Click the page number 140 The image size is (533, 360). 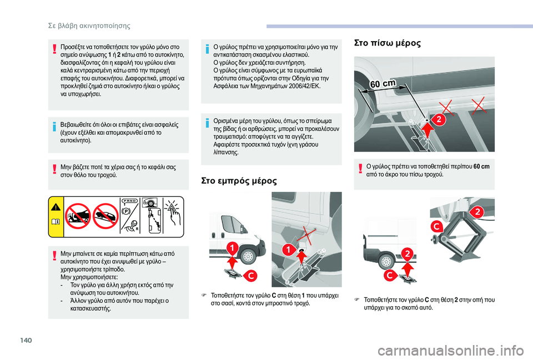(x=26, y=340)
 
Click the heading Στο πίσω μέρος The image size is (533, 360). (x=388, y=43)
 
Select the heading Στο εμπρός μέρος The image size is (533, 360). (x=239, y=181)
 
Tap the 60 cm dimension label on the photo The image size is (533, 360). (x=383, y=84)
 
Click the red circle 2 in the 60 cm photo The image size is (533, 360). (x=439, y=119)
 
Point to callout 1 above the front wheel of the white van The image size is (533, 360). (x=232, y=248)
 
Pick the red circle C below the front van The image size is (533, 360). (x=251, y=276)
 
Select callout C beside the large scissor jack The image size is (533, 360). (x=436, y=226)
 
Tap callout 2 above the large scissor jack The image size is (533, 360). (x=477, y=212)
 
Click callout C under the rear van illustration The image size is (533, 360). (x=390, y=275)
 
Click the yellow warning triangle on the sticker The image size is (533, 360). (x=56, y=207)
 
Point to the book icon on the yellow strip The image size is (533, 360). (x=56, y=222)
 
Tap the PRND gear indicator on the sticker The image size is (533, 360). (x=129, y=201)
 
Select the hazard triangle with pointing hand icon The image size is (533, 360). (x=173, y=212)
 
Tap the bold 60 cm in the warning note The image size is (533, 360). (x=481, y=166)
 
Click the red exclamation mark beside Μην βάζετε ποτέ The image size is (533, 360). (x=54, y=169)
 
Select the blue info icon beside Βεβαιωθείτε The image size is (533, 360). (x=54, y=127)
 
